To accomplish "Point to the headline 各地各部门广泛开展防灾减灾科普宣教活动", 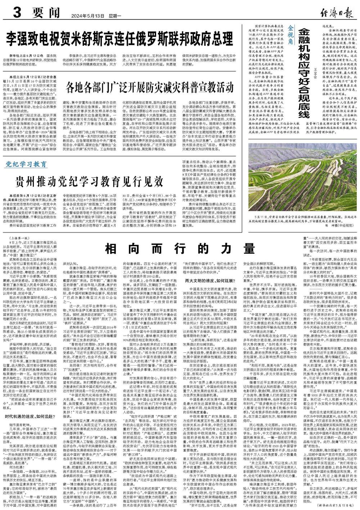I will pos(148,87).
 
